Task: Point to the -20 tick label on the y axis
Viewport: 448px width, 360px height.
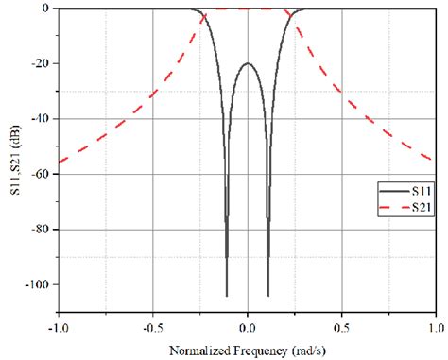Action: click(41, 63)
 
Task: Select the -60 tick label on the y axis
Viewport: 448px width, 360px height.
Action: click(41, 174)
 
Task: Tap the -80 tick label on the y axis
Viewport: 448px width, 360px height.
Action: click(41, 230)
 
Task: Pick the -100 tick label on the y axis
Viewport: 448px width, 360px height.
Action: click(38, 284)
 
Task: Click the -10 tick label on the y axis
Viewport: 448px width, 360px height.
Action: click(41, 119)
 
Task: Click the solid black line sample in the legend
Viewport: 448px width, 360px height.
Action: click(391, 191)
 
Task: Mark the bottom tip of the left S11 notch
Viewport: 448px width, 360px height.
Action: click(227, 296)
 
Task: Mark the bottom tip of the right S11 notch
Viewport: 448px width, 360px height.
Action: click(268, 296)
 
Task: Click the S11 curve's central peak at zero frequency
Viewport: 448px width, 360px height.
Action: click(248, 63)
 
